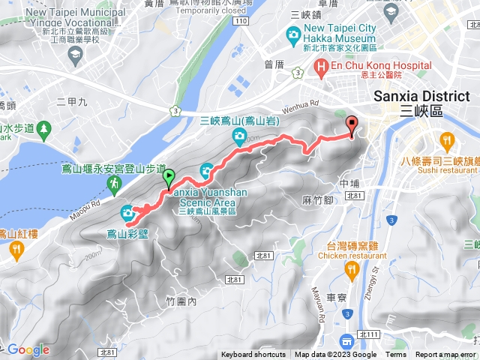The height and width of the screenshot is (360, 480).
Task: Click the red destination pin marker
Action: (351, 125)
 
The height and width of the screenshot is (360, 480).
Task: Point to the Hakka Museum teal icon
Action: (293, 34)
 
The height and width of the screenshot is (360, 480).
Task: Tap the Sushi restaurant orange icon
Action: (448, 139)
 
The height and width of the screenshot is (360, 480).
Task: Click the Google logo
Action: (28, 349)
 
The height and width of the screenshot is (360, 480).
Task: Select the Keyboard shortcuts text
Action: (253, 355)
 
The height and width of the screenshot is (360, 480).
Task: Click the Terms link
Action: (396, 355)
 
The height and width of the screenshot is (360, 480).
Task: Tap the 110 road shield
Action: (240, 21)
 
